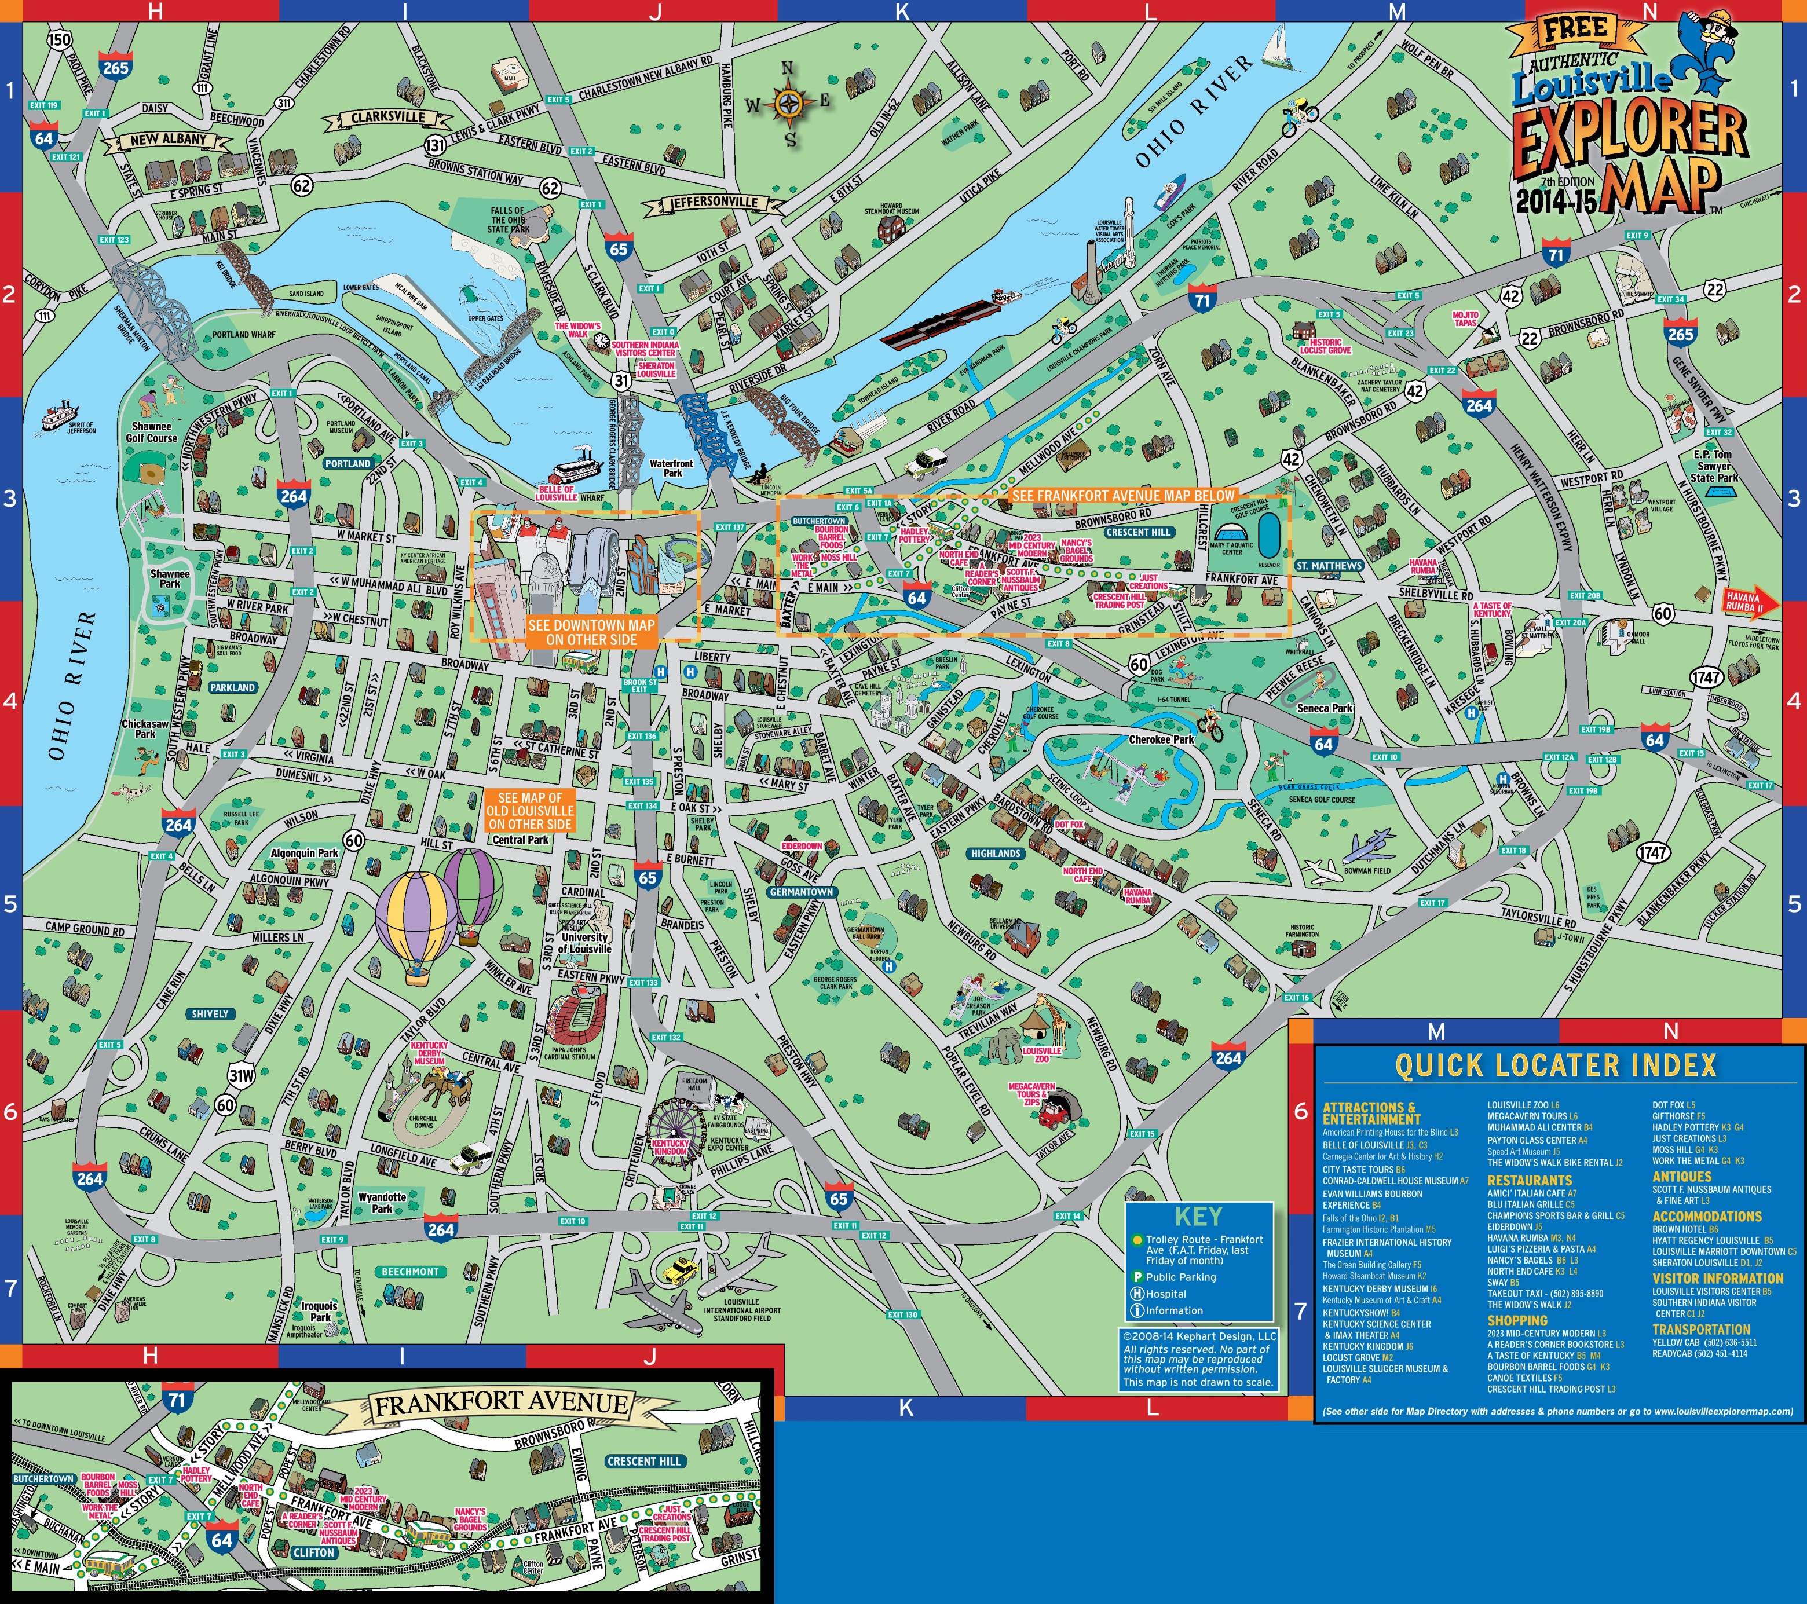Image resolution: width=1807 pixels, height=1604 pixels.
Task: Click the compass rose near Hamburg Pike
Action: coord(788,104)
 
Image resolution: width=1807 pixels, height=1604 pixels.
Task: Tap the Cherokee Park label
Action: coord(1161,739)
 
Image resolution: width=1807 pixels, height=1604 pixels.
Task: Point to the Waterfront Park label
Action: coord(672,467)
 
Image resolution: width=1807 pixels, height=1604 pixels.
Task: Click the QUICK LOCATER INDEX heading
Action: coord(1555,1065)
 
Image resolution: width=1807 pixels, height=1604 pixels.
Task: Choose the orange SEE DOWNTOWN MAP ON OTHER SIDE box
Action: coord(591,632)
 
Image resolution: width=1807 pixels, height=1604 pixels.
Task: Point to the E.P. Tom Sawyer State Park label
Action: coord(1713,466)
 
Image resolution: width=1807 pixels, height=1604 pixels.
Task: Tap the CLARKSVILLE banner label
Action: coord(387,118)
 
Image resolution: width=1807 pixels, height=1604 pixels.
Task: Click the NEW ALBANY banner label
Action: coord(168,140)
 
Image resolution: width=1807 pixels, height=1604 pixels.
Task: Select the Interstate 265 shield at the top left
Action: coord(115,67)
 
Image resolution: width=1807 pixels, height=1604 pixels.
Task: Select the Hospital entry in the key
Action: coord(1165,1294)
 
